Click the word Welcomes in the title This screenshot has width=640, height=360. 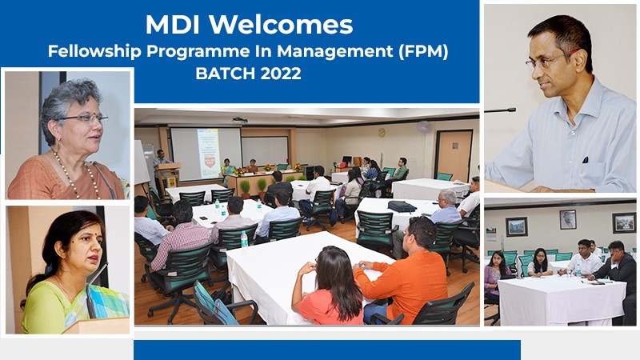(282, 25)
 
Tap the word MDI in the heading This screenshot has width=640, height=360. (172, 25)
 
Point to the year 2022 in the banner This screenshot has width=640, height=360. (281, 74)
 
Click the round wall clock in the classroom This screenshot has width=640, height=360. (382, 132)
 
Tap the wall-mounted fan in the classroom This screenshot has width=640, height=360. (424, 126)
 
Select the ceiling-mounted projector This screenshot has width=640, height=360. (239, 120)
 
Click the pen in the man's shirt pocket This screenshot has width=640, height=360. (586, 159)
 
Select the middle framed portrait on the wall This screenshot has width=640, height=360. (568, 219)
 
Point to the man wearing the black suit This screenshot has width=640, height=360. (614, 270)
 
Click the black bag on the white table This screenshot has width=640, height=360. (402, 206)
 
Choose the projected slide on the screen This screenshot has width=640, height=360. (209, 154)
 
